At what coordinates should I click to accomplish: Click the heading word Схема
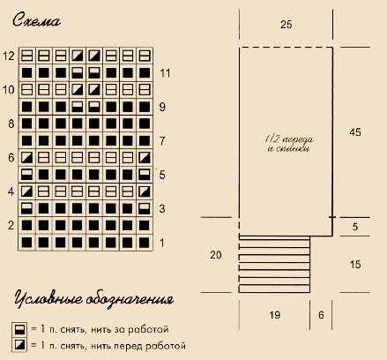(36, 20)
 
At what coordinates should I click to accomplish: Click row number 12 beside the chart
(9, 56)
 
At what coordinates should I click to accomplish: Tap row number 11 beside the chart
(165, 73)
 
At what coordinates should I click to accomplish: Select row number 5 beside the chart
(162, 175)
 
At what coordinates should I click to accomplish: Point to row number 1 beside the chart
(162, 243)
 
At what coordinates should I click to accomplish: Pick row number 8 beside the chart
(11, 124)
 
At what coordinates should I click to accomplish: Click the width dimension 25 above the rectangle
(286, 25)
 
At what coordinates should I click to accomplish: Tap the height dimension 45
(355, 132)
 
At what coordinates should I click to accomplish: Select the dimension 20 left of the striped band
(216, 255)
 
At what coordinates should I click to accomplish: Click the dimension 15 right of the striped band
(355, 264)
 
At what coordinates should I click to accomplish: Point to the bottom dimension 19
(274, 315)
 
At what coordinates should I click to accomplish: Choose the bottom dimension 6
(321, 315)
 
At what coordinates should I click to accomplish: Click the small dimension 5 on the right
(355, 227)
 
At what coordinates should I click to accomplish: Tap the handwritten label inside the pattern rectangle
(289, 144)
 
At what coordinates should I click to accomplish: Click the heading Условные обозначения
(93, 299)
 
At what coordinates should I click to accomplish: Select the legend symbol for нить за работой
(19, 329)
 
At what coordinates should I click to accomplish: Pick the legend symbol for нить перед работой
(19, 344)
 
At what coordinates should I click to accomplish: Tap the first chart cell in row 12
(26, 56)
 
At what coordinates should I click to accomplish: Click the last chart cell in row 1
(145, 243)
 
